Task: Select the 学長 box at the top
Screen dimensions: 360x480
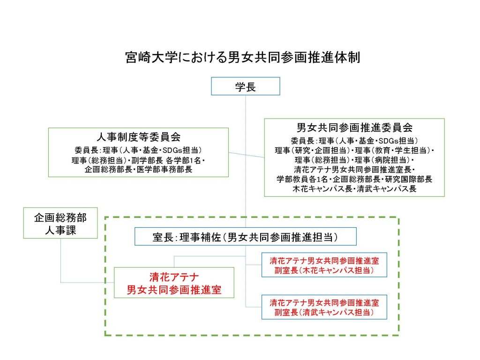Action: (246, 86)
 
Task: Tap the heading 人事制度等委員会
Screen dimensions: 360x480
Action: (138, 137)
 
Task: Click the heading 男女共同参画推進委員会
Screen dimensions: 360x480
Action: (354, 127)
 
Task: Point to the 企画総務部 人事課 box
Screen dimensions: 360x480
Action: (60, 223)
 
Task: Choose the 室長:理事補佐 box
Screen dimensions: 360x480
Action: (246, 237)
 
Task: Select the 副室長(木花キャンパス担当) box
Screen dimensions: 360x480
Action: (324, 265)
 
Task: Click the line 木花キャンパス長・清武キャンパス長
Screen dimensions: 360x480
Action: (354, 189)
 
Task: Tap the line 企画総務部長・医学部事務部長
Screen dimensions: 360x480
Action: (138, 170)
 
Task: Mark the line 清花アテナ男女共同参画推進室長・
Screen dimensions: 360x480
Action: (354, 169)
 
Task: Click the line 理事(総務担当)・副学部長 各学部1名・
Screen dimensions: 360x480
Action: (138, 160)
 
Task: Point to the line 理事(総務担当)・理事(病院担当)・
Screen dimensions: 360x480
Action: (354, 160)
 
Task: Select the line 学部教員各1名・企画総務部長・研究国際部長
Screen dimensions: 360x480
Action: (354, 179)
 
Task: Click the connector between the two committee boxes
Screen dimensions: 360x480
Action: (246, 154)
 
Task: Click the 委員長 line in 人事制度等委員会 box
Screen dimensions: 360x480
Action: (138, 150)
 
